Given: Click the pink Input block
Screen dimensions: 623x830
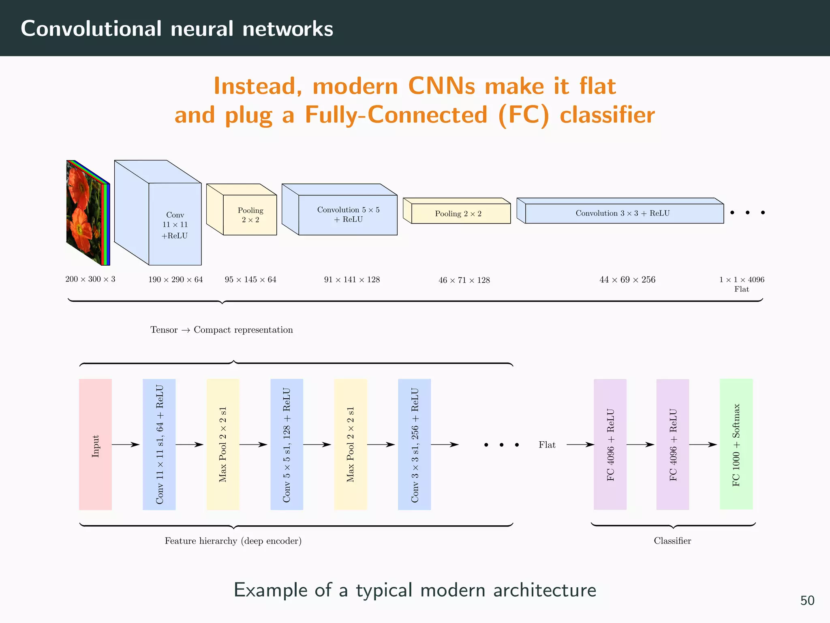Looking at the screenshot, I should coord(95,444).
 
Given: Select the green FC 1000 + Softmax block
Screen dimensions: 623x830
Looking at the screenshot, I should coord(736,444).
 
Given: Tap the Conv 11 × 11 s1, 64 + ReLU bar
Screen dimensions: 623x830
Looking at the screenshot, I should coord(159,444).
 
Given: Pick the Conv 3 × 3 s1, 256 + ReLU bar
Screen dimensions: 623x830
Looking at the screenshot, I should coord(414,444).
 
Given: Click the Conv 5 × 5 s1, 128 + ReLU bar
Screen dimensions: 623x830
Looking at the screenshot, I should coord(287,444).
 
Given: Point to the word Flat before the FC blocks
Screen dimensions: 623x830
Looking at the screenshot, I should coord(547,445).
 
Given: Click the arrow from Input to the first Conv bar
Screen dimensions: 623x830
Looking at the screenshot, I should coord(126,445).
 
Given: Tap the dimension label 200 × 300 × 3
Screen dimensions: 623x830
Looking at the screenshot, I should coord(90,279).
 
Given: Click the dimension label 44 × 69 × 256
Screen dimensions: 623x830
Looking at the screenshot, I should coord(627,279).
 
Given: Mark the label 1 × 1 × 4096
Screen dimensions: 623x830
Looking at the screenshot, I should coord(742,279).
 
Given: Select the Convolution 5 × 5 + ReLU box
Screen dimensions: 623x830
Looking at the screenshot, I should coord(348,215).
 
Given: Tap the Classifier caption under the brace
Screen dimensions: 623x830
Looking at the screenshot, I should coord(672,541).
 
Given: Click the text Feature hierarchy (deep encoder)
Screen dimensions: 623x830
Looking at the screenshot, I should coord(233,541).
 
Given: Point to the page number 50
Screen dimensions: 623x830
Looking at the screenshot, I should coord(807,600).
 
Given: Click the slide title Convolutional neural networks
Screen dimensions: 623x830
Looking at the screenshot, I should coord(177,28).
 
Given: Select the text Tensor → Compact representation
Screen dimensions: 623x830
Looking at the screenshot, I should coord(221,330).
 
